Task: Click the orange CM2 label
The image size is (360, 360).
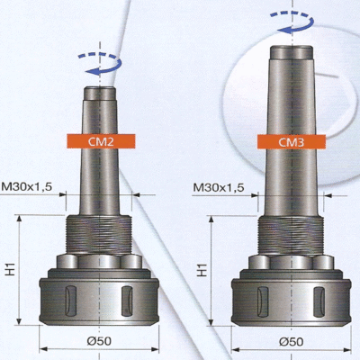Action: point(101,141)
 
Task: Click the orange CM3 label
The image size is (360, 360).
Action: point(292,141)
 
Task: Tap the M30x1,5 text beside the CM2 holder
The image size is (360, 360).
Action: point(27,187)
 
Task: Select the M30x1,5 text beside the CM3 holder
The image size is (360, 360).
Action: point(219,188)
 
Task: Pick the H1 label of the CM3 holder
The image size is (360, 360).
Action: point(202,270)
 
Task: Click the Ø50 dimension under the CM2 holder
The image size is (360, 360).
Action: point(99,341)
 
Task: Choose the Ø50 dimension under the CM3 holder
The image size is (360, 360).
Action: point(291,341)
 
